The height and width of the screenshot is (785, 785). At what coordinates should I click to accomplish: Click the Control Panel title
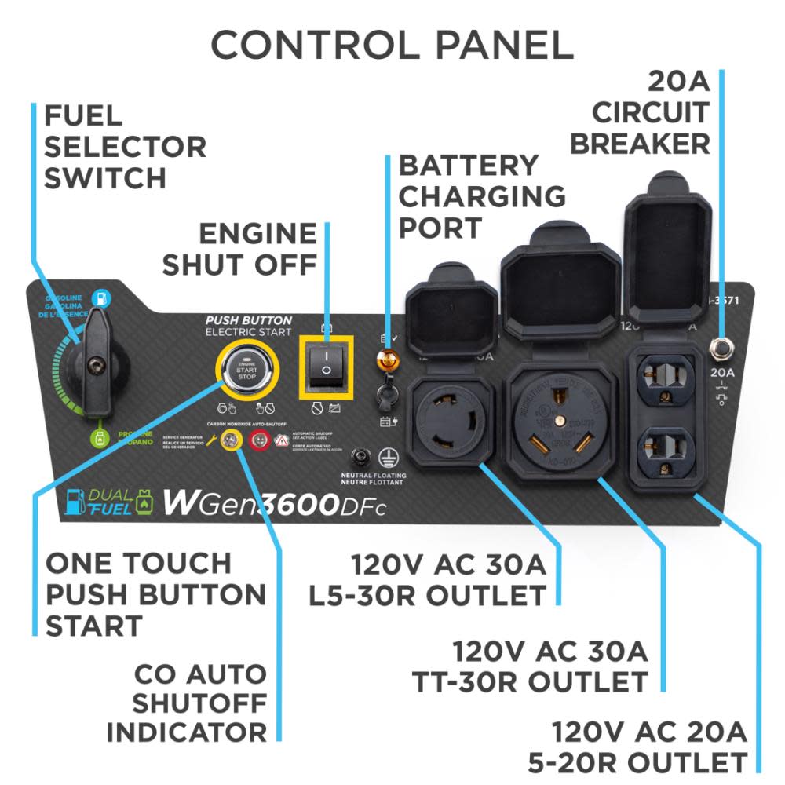tap(392, 45)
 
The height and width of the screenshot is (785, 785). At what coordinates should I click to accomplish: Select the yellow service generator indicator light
tap(232, 440)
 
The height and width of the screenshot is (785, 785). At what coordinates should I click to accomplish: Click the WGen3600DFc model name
tap(274, 503)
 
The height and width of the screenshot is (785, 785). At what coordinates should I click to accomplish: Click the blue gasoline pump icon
tap(100, 298)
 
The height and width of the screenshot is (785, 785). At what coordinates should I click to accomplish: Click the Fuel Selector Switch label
tap(124, 148)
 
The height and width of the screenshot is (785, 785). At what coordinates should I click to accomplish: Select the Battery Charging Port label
tap(481, 197)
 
